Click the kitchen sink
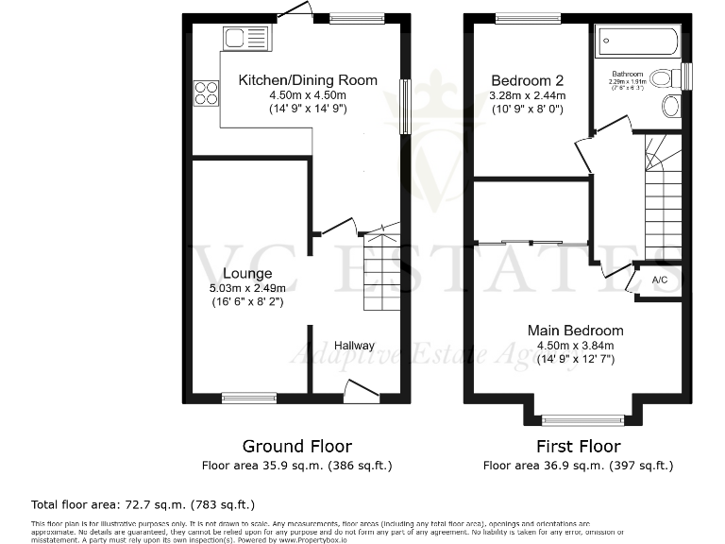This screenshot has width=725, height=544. pos(246,39)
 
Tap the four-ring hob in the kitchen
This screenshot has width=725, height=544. pos(207,93)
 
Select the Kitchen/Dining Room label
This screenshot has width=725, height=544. pos(307,80)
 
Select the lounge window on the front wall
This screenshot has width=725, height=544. pos(249,399)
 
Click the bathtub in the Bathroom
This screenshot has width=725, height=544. pos(636,42)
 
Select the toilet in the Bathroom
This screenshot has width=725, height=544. pos(666,77)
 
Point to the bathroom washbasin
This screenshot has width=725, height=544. pos(671,106)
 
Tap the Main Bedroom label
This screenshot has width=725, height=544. pos(575,331)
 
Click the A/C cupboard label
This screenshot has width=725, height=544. pos(660,280)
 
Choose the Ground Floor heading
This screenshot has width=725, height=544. pos(296,446)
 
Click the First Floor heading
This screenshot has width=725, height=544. pos(578,446)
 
